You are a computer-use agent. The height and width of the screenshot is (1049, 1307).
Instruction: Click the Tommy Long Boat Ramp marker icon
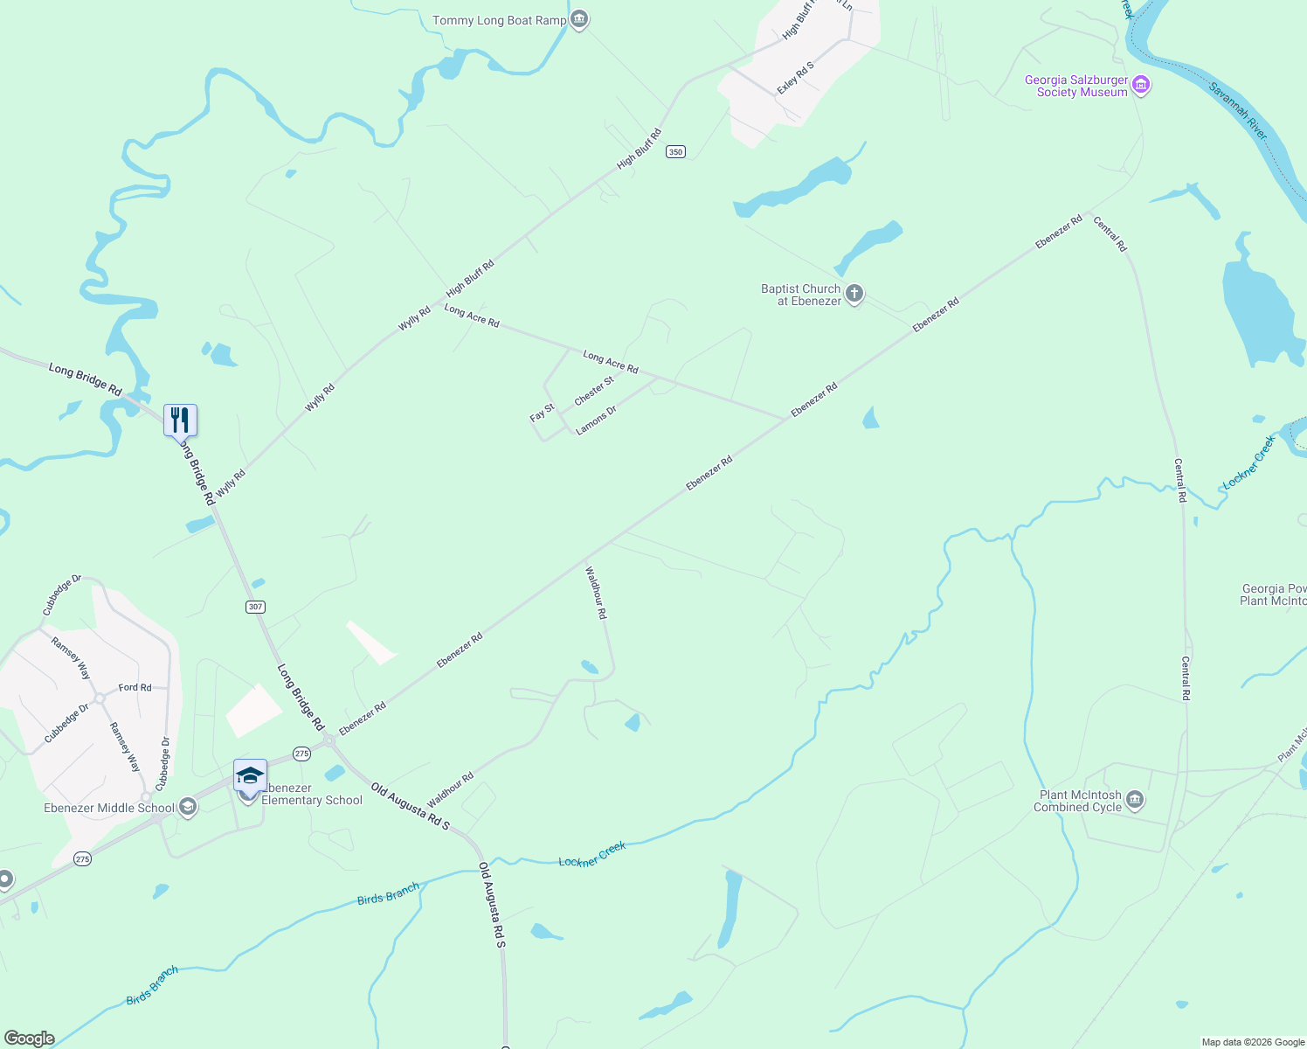tap(579, 19)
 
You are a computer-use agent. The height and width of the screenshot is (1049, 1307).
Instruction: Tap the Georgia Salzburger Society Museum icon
tap(1140, 86)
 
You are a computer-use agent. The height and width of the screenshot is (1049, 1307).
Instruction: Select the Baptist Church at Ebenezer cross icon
tap(854, 294)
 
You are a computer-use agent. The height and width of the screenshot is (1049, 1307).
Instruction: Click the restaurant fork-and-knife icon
tap(180, 420)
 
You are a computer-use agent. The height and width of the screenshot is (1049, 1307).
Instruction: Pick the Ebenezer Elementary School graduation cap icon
tap(250, 775)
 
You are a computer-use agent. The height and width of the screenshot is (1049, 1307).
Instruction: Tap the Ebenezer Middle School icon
tap(188, 808)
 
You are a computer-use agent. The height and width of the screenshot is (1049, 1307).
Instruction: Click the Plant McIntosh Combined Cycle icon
tap(1135, 800)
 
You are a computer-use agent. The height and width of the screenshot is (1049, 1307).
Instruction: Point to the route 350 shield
tap(675, 152)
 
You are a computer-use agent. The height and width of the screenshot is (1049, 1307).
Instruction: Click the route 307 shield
tap(255, 607)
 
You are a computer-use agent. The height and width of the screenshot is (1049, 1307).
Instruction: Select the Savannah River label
tap(1238, 110)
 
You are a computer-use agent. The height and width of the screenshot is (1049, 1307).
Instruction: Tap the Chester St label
tap(594, 391)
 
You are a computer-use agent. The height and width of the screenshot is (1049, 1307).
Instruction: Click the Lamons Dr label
tap(597, 420)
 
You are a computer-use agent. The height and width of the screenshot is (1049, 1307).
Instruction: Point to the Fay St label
tap(542, 413)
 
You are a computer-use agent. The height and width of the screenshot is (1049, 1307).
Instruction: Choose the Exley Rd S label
tap(796, 78)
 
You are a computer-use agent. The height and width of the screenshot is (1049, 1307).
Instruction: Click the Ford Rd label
tap(135, 687)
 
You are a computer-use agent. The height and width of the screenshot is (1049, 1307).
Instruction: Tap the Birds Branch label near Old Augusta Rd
tap(388, 893)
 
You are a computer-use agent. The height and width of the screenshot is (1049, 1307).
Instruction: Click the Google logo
tap(30, 1039)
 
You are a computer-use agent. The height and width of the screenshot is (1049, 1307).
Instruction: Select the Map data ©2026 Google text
tap(1253, 1042)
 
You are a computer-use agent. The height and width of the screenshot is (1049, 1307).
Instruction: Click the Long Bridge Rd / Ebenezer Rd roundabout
tap(329, 740)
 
